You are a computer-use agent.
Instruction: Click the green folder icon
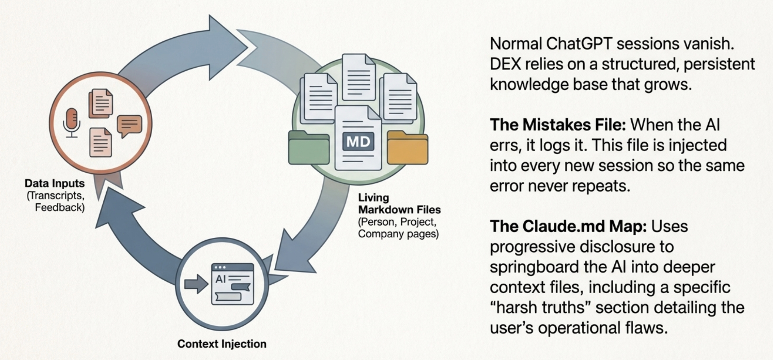[x=308, y=148]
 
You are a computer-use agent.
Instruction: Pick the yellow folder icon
[x=407, y=148]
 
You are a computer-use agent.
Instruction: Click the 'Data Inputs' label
[x=55, y=183]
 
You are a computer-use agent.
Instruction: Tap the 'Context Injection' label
[x=222, y=344]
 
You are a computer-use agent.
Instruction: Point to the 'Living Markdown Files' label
[x=399, y=204]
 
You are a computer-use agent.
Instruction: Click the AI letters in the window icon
[x=220, y=279]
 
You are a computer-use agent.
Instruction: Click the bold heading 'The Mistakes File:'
[x=557, y=125]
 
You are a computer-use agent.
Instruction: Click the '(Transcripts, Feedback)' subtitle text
[x=56, y=202]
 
